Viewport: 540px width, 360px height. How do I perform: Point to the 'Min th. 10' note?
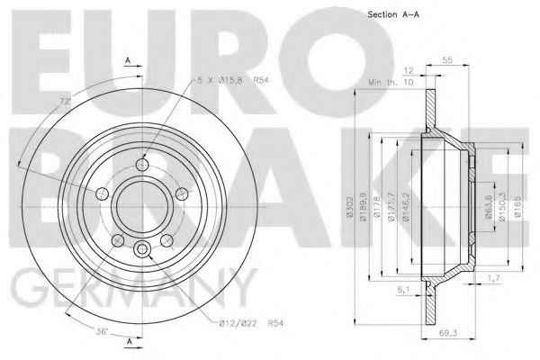coord(388,82)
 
